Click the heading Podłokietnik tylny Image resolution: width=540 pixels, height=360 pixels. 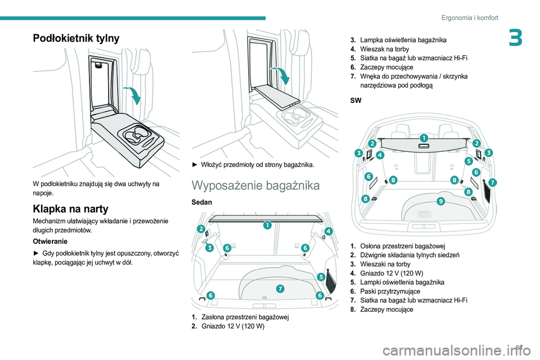(x=77, y=38)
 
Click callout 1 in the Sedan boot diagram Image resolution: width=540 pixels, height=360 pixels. (x=267, y=226)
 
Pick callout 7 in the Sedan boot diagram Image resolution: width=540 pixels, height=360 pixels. (x=280, y=289)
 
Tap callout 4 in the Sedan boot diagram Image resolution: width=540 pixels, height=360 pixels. (x=328, y=231)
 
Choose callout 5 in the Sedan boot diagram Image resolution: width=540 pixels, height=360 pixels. (x=321, y=276)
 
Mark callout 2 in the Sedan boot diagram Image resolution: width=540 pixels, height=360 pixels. (x=201, y=228)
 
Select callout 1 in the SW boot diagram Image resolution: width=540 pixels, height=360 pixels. (x=423, y=138)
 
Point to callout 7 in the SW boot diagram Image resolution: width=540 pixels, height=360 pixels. (x=493, y=182)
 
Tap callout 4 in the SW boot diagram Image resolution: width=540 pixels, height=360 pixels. (x=380, y=154)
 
